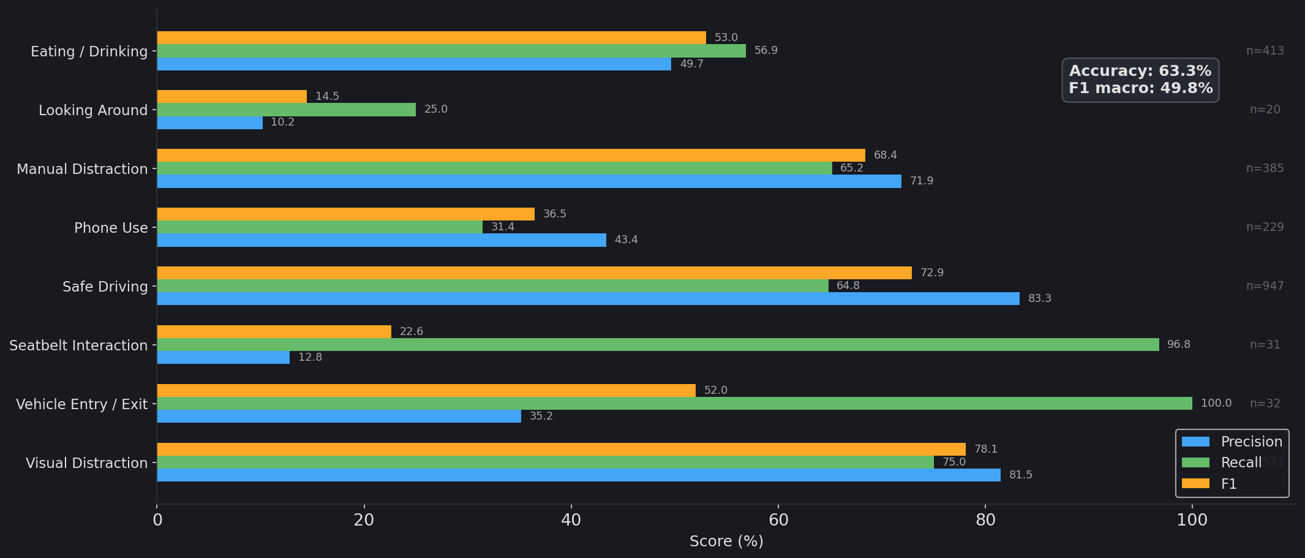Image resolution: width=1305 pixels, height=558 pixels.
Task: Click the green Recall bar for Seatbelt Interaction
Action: coord(658,345)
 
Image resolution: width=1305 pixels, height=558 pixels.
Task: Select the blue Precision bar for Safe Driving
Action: coord(588,299)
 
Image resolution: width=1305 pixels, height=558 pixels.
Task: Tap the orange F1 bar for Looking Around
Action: coord(231,96)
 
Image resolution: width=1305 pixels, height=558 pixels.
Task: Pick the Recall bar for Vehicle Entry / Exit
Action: coord(674,404)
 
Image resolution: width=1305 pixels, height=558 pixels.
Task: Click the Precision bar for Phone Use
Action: coord(381,240)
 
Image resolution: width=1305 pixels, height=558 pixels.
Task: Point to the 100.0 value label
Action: coord(1216,404)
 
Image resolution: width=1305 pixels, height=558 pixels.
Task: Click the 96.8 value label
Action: coord(1178,345)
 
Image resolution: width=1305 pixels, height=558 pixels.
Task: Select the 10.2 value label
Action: coord(282,123)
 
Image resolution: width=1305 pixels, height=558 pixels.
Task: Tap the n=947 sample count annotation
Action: coord(1265,286)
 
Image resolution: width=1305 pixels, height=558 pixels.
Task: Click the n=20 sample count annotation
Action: coord(1265,110)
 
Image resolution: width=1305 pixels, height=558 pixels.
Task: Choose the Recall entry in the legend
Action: coord(1241,463)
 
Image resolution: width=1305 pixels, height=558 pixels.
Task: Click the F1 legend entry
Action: coord(1228,484)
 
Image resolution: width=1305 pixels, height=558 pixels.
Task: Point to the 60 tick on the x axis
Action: coord(778,521)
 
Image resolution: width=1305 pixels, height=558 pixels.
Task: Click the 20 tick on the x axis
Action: coord(364,521)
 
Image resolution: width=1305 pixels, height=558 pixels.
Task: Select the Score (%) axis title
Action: coord(726,541)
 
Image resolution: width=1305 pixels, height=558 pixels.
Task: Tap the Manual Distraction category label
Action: coord(82,169)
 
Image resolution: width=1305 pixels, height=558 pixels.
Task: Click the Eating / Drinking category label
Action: coord(89,51)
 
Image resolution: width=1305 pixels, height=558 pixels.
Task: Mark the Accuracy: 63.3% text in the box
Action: coord(1140,71)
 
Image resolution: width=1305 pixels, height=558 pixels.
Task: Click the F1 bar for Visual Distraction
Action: coord(561,450)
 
